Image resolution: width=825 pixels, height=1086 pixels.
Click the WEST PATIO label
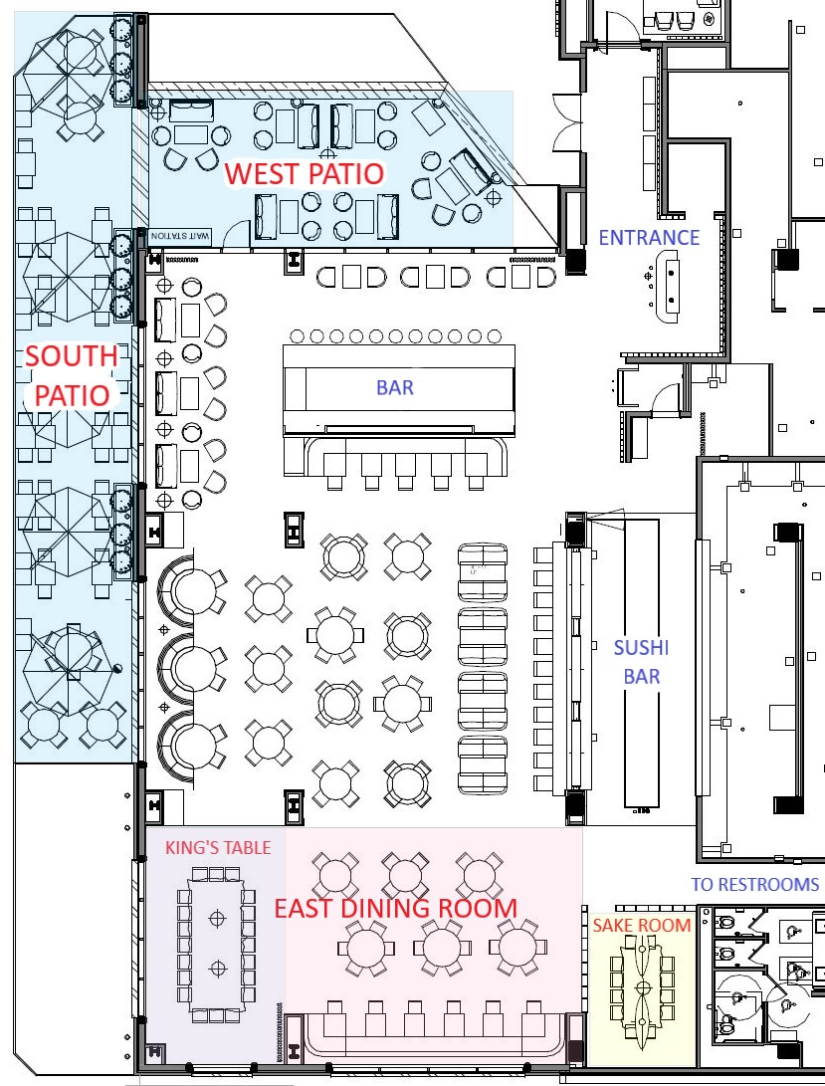pos(305,174)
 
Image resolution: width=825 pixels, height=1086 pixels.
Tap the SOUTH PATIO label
pos(72,375)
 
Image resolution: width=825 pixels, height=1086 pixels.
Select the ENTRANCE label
pos(649,238)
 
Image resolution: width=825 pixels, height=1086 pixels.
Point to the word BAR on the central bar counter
pos(395,387)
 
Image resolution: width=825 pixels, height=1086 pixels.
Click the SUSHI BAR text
pos(641,661)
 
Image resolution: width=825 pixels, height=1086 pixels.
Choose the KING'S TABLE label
pos(218,848)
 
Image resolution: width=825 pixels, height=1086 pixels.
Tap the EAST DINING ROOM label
pos(395,908)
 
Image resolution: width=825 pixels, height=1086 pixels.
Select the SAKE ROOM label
pos(642,926)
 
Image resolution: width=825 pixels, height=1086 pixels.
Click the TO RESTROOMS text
pos(755,885)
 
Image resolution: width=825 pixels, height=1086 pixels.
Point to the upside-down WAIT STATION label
pos(180,236)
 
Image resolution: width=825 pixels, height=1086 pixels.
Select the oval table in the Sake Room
pos(642,987)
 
